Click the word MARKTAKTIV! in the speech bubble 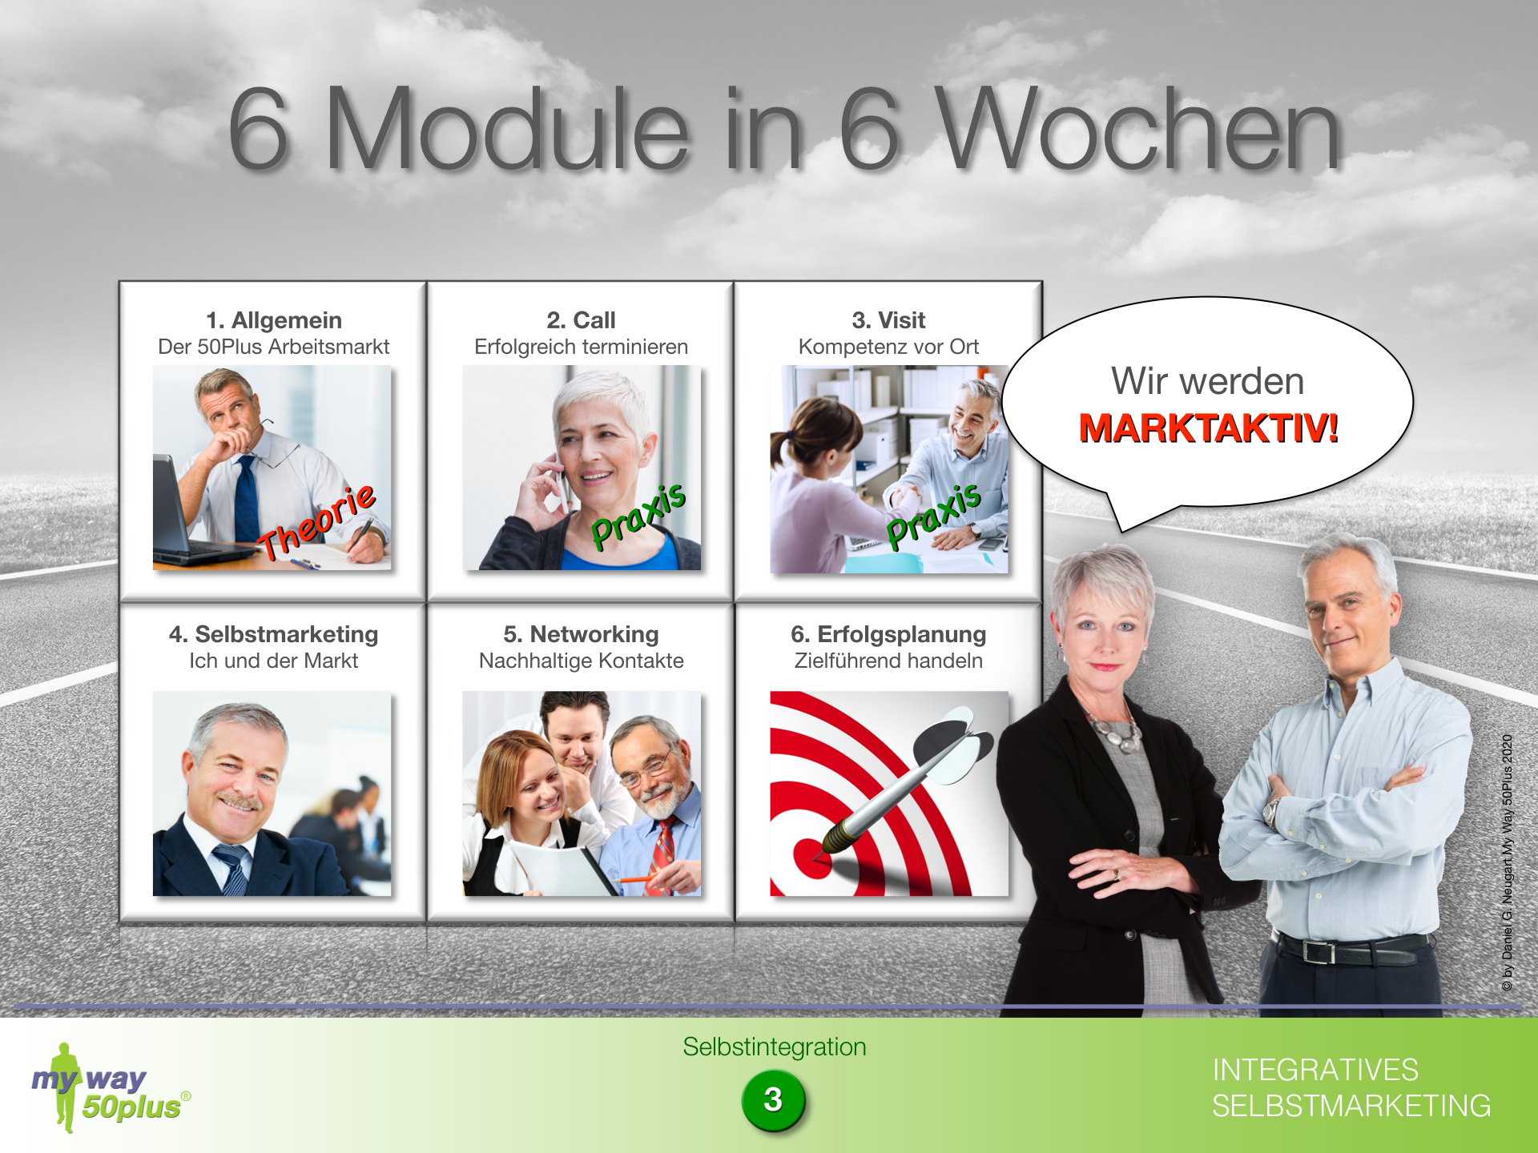pyautogui.click(x=1208, y=428)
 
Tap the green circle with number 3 pyautogui.click(x=773, y=1100)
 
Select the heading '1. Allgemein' pyautogui.click(x=274, y=320)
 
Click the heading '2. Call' pyautogui.click(x=581, y=320)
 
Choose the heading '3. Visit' pyautogui.click(x=888, y=320)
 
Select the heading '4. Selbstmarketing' pyautogui.click(x=274, y=634)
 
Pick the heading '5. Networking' pyautogui.click(x=581, y=634)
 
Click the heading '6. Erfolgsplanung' pyautogui.click(x=888, y=634)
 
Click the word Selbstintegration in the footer pyautogui.click(x=774, y=1047)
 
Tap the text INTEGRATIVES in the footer pyautogui.click(x=1315, y=1071)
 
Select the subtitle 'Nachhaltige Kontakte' pyautogui.click(x=581, y=661)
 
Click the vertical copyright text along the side pyautogui.click(x=1508, y=863)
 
